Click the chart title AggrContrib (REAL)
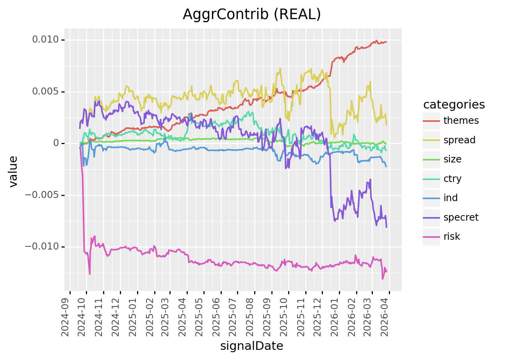click(x=252, y=14)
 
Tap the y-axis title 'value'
click(x=14, y=171)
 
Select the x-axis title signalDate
click(x=252, y=346)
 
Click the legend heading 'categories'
click(x=454, y=105)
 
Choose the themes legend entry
click(x=461, y=121)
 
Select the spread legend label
click(x=459, y=140)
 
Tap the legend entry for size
click(x=452, y=159)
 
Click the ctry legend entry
click(x=452, y=179)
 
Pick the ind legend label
click(x=450, y=198)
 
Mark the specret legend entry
click(x=461, y=217)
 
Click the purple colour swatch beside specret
click(x=431, y=217)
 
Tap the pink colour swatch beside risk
click(x=431, y=237)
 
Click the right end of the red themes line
click(x=386, y=42)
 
